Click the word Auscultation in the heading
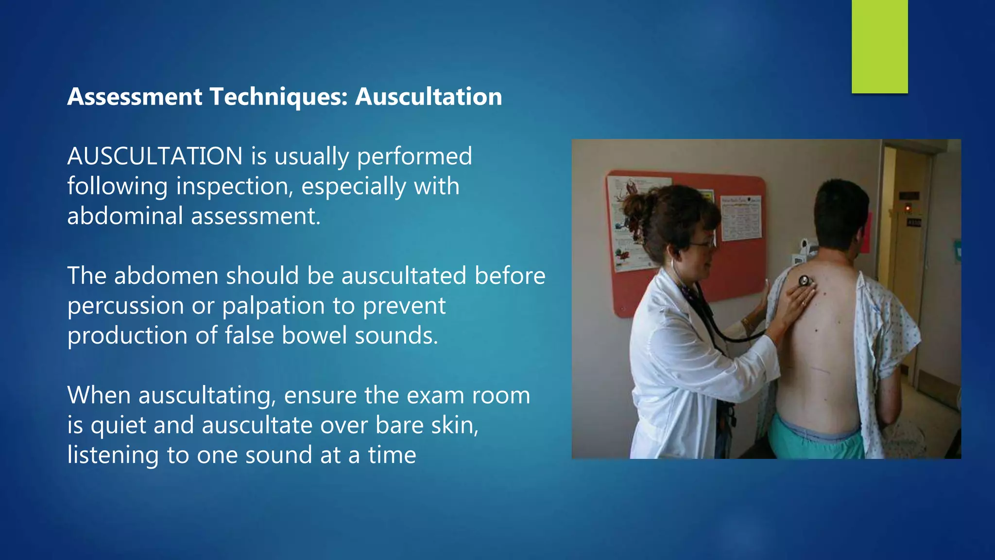(x=429, y=96)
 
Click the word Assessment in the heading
(x=135, y=96)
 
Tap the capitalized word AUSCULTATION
(x=154, y=156)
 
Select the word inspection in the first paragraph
(x=235, y=186)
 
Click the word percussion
(x=125, y=306)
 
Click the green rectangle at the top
(x=879, y=46)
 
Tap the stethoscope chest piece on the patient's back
(x=804, y=280)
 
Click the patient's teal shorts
(x=816, y=440)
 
